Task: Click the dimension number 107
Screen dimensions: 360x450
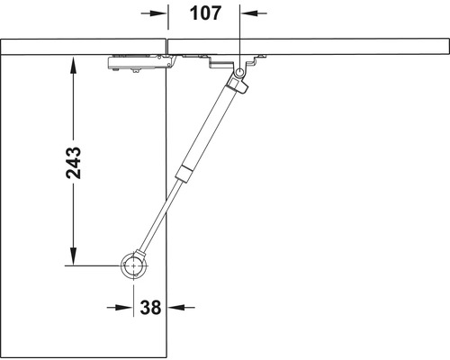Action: tap(204, 13)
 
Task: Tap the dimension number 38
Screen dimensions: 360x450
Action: tap(150, 308)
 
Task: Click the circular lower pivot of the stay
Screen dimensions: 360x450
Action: tap(135, 266)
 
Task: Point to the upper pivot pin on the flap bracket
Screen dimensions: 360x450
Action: tap(240, 71)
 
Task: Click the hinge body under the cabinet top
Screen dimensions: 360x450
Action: tap(137, 64)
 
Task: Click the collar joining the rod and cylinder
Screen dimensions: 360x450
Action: tap(184, 173)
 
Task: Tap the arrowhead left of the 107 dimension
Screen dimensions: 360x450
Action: tap(159, 13)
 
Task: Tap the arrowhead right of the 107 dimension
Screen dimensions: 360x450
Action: tap(248, 13)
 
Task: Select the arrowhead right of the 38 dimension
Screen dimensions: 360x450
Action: tap(175, 307)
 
